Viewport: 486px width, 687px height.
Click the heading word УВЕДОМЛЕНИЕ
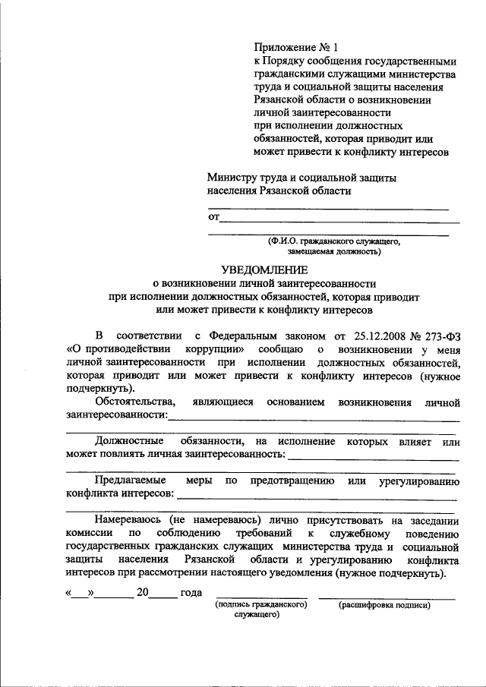click(x=264, y=269)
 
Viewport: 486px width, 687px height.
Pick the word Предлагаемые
click(x=132, y=481)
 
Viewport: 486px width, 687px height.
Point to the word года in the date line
click(x=190, y=592)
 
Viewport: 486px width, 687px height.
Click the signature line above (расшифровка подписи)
click(x=387, y=597)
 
